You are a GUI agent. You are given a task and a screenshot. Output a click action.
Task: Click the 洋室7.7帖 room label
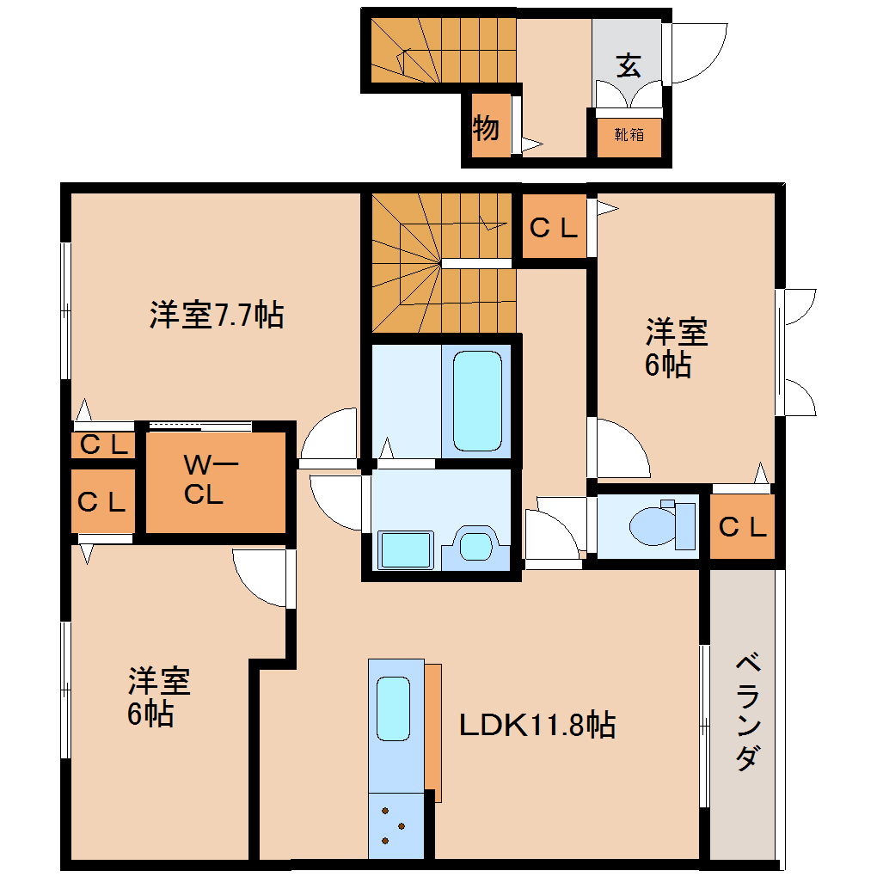pos(216,316)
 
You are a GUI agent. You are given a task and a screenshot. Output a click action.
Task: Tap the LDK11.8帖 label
pos(537,725)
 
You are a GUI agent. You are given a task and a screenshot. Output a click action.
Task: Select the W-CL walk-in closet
pos(214,481)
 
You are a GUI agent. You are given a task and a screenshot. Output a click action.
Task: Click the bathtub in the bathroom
pos(476,401)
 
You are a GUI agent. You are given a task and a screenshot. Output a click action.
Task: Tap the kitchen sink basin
pos(394,708)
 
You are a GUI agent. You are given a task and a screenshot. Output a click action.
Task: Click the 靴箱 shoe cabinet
pos(629,135)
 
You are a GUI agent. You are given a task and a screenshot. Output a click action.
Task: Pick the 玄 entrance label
pos(629,66)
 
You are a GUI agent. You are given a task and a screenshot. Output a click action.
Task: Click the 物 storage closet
pos(487,129)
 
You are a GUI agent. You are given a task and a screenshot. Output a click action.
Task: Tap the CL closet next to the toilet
pos(741,526)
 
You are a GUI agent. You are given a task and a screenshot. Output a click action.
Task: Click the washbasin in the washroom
pos(474,546)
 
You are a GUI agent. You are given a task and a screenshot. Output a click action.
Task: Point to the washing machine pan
pos(405,549)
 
